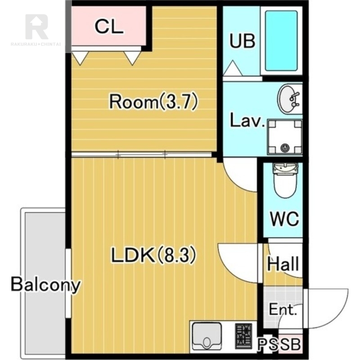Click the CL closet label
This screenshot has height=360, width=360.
(109, 27)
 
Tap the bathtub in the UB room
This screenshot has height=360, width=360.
(281, 41)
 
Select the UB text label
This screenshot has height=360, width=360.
(243, 41)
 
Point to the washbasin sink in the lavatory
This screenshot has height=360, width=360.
(289, 99)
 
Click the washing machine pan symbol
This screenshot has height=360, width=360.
(285, 137)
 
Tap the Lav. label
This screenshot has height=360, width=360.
(247, 120)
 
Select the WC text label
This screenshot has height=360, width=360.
(284, 219)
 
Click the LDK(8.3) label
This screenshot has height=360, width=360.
(153, 255)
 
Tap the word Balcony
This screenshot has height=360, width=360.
(46, 285)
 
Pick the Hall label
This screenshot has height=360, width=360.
(283, 264)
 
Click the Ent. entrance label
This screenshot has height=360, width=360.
(283, 310)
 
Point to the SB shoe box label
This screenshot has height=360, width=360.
(291, 344)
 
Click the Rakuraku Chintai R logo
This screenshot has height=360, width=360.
(36, 27)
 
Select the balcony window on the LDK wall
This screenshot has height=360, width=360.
(68, 283)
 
